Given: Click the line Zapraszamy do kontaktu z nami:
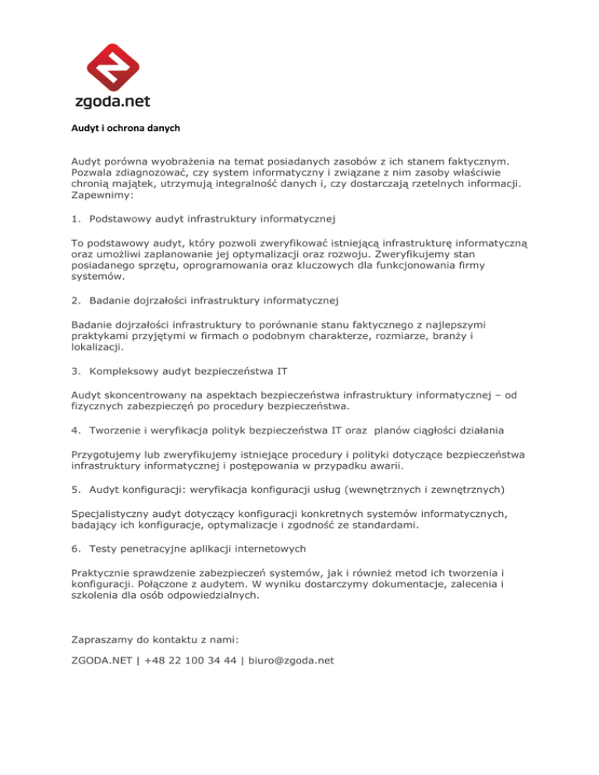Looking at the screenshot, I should point(152,639).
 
